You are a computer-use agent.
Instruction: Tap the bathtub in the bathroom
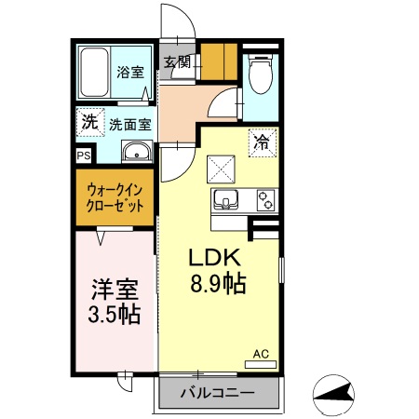pyautogui.click(x=94, y=73)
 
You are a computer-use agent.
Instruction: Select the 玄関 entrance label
pyautogui.click(x=177, y=63)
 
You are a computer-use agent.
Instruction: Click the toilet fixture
pyautogui.click(x=259, y=75)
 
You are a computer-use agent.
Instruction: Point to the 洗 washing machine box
pyautogui.click(x=88, y=121)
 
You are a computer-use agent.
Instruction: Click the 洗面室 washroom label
pyautogui.click(x=130, y=123)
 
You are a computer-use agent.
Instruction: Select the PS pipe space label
pyautogui.click(x=83, y=155)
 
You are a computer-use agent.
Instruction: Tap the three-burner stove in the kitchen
pyautogui.click(x=264, y=200)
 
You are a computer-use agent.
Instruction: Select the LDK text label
pyautogui.click(x=217, y=258)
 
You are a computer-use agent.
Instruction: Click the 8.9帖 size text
pyautogui.click(x=219, y=284)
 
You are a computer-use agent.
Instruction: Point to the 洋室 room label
pyautogui.click(x=115, y=288)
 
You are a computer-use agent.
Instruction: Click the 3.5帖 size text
pyautogui.click(x=115, y=314)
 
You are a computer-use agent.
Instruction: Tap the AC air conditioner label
pyautogui.click(x=262, y=354)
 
